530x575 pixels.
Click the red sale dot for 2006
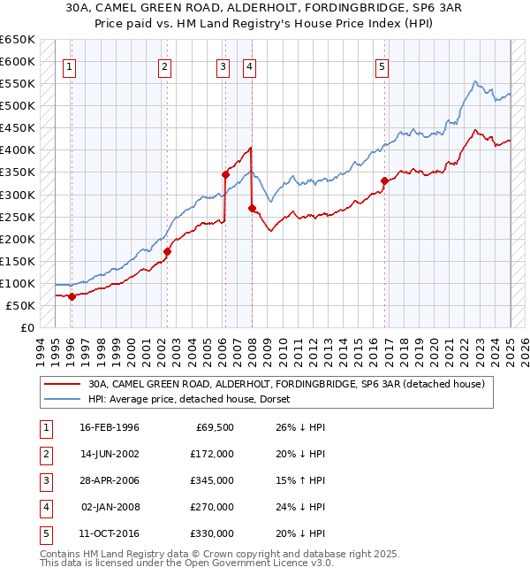pos(225,174)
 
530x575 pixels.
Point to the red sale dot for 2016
pos(384,181)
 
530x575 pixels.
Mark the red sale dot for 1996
pos(72,296)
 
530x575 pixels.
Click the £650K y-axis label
pos(18,40)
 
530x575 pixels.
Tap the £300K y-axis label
pos(18,195)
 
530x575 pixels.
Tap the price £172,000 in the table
pos(213,454)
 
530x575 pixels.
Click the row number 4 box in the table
pos(44,507)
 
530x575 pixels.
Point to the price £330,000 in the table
pos(213,533)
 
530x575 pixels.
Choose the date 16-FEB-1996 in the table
pos(110,427)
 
